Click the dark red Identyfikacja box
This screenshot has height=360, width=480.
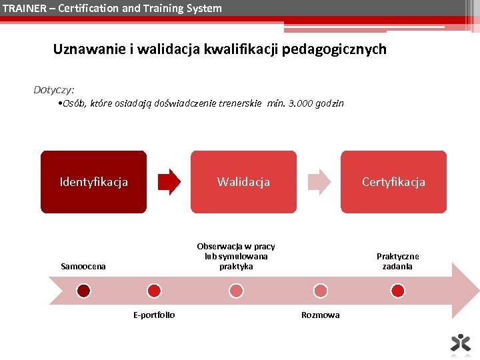point(93,182)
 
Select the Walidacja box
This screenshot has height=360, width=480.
point(243,182)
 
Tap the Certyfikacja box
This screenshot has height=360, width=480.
point(393,182)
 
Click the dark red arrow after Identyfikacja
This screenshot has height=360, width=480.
point(169,181)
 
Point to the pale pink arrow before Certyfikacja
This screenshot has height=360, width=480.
point(319,181)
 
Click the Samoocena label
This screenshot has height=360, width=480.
point(83,267)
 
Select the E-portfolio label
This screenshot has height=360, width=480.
point(154,315)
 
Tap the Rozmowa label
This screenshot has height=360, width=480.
point(320,315)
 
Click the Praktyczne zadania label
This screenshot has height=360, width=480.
point(397,261)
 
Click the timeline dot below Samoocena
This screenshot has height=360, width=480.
point(83,291)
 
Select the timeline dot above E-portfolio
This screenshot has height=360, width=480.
point(154,291)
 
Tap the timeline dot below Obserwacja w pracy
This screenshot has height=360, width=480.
point(236,291)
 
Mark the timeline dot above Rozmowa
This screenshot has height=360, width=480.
point(321,291)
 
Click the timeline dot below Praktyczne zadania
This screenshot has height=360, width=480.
point(397,291)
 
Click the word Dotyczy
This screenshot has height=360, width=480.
point(54,89)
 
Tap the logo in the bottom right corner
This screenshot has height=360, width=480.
point(460,342)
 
